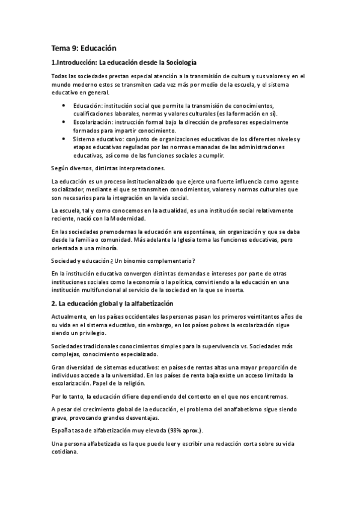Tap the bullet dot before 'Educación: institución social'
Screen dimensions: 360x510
coord(64,105)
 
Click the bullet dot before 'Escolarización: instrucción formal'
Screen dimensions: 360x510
coord(64,122)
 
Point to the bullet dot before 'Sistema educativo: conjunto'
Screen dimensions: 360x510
coord(64,139)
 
